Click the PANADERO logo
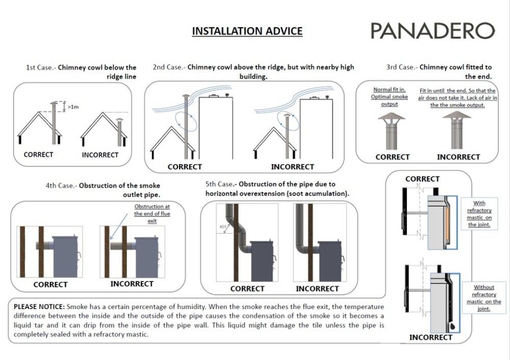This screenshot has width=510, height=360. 432,31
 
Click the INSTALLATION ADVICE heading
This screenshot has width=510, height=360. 247,31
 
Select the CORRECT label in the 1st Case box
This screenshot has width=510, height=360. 38,154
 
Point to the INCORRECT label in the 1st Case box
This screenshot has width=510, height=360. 100,155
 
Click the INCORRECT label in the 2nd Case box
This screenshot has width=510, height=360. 292,166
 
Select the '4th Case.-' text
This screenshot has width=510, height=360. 61,186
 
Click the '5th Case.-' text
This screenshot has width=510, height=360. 221,184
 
